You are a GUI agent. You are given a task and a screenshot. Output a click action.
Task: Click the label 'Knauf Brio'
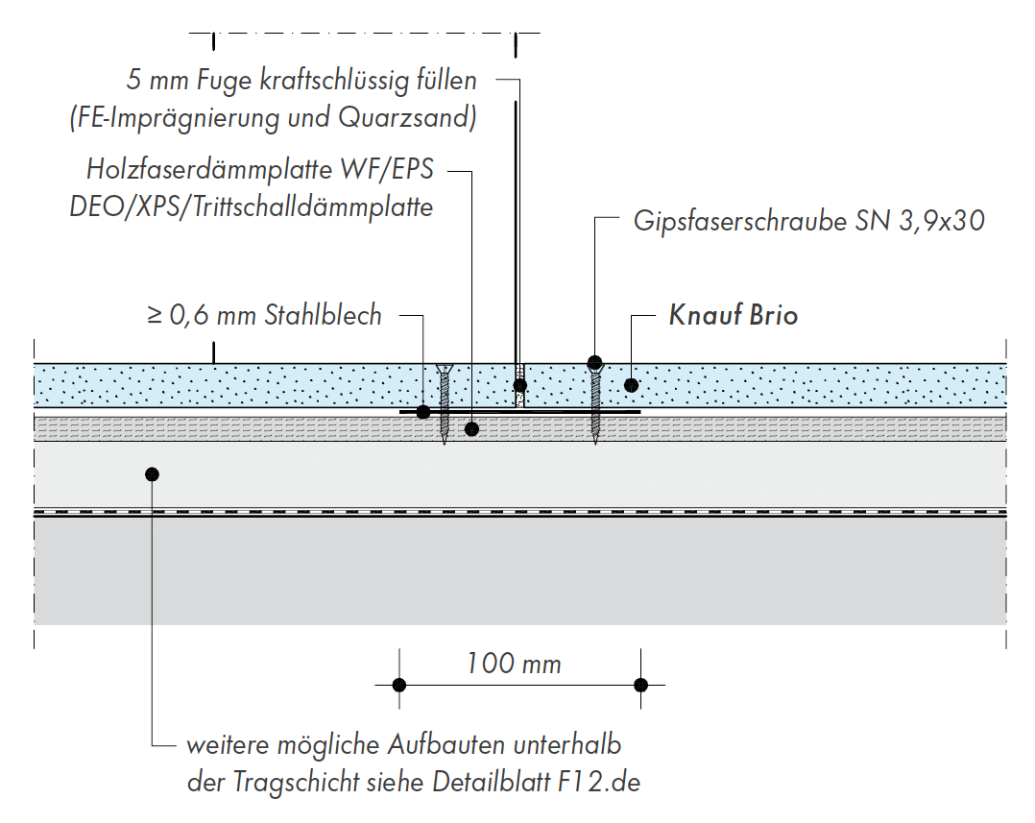click(x=733, y=316)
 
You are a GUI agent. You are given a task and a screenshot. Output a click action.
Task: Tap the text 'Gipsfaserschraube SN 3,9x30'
click(x=809, y=222)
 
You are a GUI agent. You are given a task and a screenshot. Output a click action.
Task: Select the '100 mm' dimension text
click(x=514, y=663)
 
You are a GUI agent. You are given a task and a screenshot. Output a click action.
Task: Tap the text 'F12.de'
click(x=598, y=782)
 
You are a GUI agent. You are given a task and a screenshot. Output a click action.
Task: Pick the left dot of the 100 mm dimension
click(x=400, y=685)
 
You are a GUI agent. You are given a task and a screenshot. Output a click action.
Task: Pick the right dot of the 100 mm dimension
click(x=641, y=685)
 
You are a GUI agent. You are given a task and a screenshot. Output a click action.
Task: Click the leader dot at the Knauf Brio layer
click(x=631, y=385)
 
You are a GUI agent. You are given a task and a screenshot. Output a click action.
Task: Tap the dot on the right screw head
click(x=595, y=362)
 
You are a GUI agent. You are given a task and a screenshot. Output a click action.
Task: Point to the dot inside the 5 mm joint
click(x=519, y=385)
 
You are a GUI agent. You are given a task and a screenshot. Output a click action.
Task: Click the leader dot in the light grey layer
click(x=152, y=473)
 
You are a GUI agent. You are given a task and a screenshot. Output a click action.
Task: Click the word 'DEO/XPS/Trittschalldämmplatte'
click(x=252, y=206)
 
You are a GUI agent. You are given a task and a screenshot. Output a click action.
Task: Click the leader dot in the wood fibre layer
click(x=471, y=428)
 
